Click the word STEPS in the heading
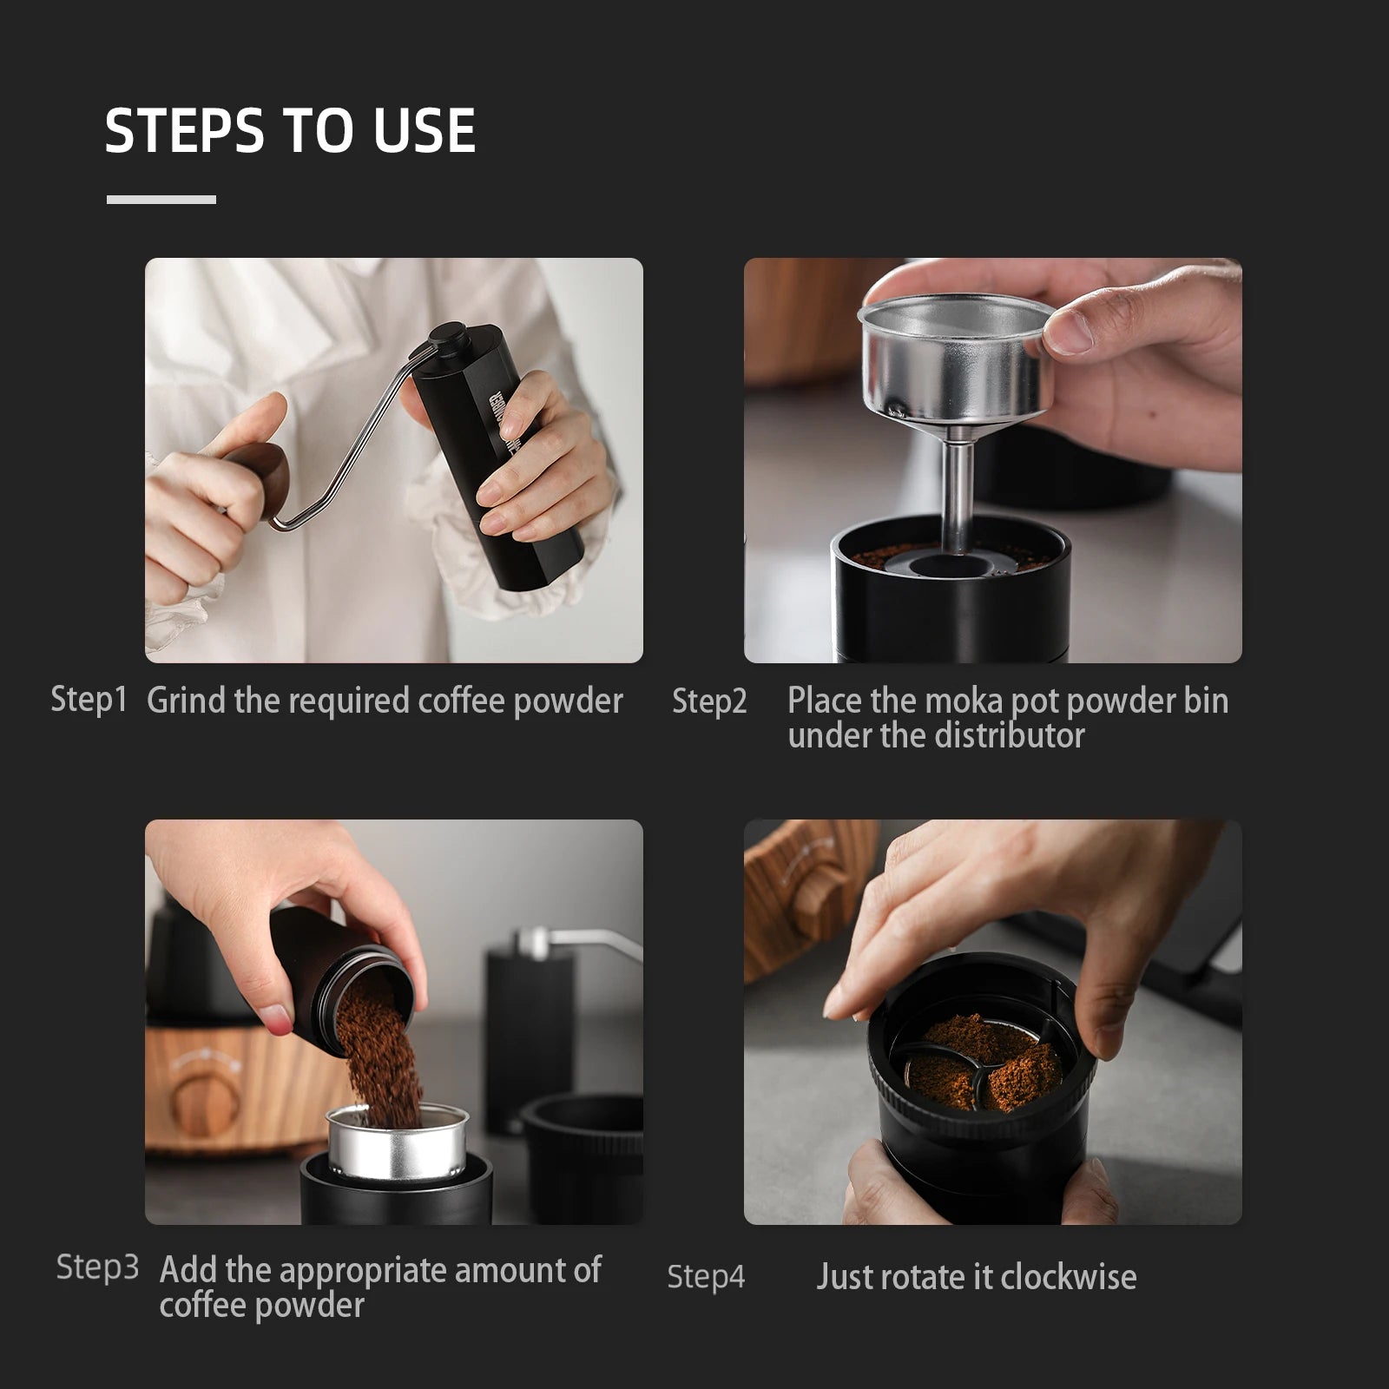pyautogui.click(x=185, y=131)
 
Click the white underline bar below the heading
pyautogui.click(x=161, y=200)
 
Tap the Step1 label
pyautogui.click(x=89, y=700)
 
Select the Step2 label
pyautogui.click(x=708, y=701)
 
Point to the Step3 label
pyautogui.click(x=97, y=1267)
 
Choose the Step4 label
pyautogui.click(x=706, y=1277)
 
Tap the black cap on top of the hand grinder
pyautogui.click(x=449, y=339)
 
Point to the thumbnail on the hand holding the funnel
pyautogui.click(x=1070, y=332)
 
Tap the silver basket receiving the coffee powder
pyautogui.click(x=398, y=1146)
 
